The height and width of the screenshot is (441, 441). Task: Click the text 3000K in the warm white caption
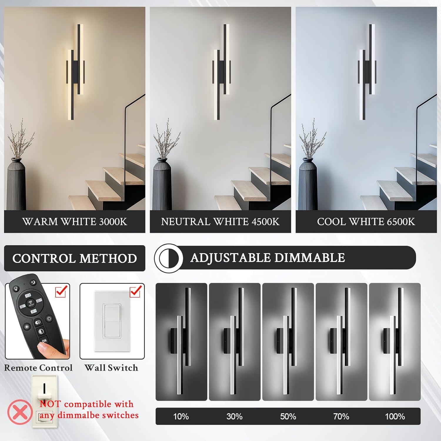(113, 221)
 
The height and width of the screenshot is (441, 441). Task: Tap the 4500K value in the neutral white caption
(265, 221)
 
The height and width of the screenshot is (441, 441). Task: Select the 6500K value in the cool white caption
(401, 221)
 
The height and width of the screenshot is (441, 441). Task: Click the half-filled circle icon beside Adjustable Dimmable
(169, 258)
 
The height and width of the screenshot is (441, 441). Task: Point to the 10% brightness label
(181, 416)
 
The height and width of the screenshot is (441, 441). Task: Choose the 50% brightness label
(288, 416)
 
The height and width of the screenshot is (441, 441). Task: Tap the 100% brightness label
(395, 416)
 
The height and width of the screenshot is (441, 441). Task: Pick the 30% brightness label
(234, 416)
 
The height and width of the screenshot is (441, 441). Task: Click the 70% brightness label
(341, 416)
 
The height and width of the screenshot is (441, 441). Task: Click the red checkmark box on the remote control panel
(61, 292)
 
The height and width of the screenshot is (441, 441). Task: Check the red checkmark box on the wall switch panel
(135, 292)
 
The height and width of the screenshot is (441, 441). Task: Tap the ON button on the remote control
(44, 341)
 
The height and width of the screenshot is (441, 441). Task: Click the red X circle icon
(20, 412)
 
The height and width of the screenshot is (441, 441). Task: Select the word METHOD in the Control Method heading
(108, 258)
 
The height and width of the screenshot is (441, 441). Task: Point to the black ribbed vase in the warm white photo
(16, 184)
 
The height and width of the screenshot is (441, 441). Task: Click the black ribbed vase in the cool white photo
(308, 184)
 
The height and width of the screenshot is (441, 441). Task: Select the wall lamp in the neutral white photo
(221, 72)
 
